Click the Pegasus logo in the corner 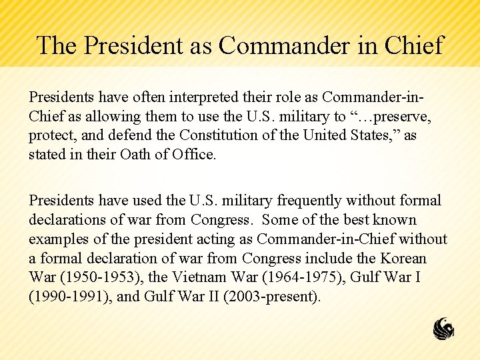pos(444,329)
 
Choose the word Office pos(193,155)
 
